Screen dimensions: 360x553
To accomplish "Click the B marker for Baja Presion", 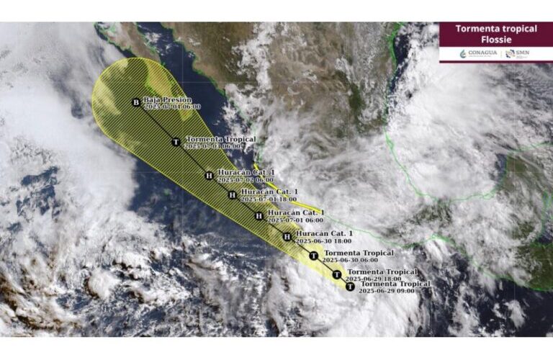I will click(135, 102).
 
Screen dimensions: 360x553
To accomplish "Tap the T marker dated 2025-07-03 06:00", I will click(176, 142).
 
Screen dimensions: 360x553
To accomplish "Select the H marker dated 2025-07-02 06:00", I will click(209, 175).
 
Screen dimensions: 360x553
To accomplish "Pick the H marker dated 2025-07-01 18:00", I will click(232, 194).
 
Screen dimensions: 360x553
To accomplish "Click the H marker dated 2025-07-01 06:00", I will click(259, 216).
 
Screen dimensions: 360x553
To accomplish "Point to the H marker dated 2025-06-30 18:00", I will click(287, 236).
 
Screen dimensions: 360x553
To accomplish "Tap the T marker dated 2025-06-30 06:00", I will click(313, 256).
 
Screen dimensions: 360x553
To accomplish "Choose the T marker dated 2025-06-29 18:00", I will click(336, 274).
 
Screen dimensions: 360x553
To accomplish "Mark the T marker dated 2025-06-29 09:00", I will click(349, 287).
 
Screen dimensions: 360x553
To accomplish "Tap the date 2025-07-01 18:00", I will click(269, 199).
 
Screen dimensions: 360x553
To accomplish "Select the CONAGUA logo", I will click(477, 54).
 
